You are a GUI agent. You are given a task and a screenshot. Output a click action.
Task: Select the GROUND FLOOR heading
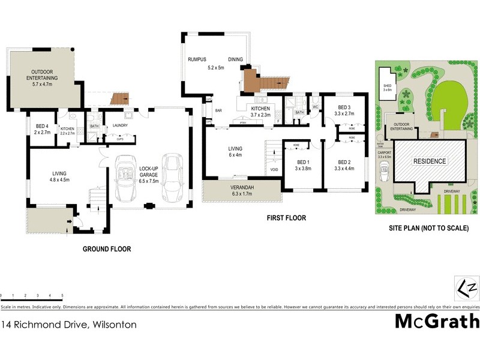click(x=107, y=248)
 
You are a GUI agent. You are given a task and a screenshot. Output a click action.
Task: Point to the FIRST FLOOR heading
click(x=286, y=218)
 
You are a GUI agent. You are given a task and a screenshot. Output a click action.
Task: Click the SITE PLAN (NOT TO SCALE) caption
click(x=428, y=229)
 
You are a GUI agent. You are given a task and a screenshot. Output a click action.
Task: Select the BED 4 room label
click(x=41, y=128)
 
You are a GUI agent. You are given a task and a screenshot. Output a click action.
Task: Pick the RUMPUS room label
click(x=197, y=59)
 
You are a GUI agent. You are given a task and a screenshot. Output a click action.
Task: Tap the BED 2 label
click(x=344, y=162)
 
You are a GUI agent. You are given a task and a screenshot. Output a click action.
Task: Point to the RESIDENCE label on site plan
click(x=428, y=161)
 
